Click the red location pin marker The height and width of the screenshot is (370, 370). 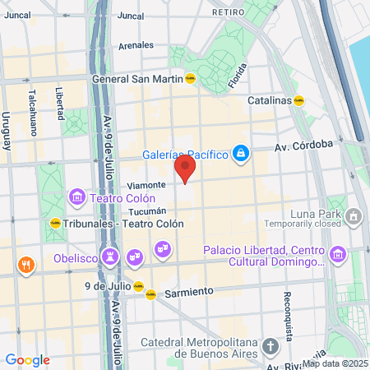185,169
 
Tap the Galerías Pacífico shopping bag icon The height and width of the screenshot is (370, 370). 241,152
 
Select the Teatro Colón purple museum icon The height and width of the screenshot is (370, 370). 77,197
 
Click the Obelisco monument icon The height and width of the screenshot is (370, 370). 109,257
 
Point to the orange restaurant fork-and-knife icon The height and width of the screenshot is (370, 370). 26,265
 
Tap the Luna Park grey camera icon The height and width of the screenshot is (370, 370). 354,217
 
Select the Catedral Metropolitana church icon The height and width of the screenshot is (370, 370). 271,346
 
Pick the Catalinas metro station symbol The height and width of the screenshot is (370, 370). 301,101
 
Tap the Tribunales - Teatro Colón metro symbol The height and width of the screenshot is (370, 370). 54,223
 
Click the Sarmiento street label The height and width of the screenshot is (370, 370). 189,292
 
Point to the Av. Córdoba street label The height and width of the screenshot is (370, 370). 303,144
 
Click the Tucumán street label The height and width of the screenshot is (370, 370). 148,211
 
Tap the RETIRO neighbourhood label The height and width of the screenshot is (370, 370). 228,12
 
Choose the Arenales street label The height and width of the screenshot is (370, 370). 136,46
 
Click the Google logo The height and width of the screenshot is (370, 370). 27,360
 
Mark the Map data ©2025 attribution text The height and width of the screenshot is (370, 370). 335,363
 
